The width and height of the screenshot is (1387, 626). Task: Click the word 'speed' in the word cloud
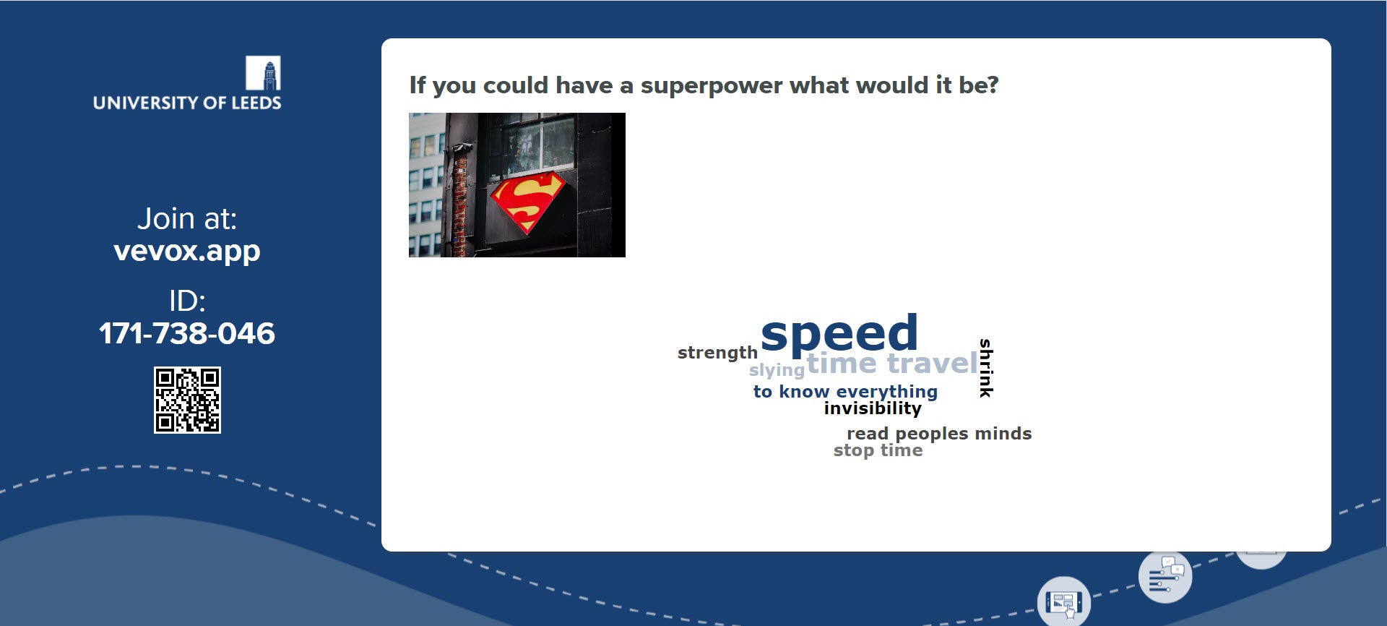839,335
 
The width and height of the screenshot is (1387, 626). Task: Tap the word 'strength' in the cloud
717,353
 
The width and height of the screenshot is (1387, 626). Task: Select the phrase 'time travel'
892,363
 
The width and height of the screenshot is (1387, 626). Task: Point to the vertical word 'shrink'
986,368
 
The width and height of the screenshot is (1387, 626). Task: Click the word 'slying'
777,370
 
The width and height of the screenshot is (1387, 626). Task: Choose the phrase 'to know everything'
845,392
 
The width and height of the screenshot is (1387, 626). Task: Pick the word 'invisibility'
873,408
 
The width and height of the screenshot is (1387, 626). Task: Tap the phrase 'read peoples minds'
939,434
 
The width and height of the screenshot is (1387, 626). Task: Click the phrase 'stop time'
878,450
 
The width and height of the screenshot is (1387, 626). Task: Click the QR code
187,400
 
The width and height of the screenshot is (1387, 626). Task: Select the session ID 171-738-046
187,333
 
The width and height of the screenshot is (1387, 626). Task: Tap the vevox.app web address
187,251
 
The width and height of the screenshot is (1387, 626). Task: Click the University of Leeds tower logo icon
263,73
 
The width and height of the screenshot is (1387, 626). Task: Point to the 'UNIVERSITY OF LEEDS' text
187,103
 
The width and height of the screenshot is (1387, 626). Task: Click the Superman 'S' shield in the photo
527,202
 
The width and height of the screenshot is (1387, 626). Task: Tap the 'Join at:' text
187,218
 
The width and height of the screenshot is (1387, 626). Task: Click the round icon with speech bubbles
1165,576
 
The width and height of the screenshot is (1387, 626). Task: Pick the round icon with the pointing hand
1064,602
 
